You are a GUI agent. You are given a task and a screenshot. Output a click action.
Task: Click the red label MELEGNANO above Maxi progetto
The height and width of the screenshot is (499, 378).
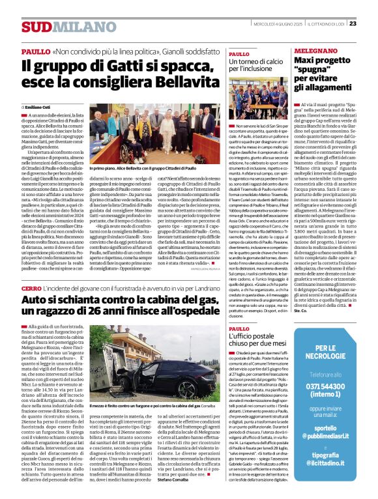pos(313,50)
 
